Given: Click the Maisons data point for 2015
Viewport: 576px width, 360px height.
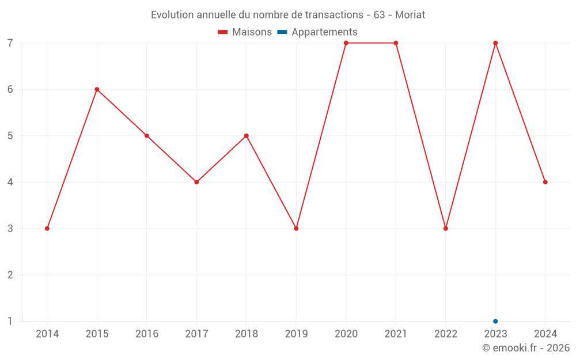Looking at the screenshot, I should point(97,89).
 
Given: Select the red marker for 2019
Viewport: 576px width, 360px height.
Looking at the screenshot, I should point(296,229).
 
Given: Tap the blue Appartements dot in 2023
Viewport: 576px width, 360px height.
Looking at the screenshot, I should point(495,321).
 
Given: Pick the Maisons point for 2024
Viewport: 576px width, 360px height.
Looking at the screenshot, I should point(545,182).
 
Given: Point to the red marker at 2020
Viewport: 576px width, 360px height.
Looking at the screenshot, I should point(346,43).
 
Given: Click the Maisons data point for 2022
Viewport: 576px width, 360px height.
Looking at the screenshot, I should point(446,229).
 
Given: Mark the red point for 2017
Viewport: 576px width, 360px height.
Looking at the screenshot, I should point(196,182).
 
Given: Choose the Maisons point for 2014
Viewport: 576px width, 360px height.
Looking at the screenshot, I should point(47,229).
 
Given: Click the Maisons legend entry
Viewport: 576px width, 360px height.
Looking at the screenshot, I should point(245,32).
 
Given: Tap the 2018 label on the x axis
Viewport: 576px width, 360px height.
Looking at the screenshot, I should point(247,334).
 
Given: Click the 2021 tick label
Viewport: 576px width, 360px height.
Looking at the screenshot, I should point(396,334).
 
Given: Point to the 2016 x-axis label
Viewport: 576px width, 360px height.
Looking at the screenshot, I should point(147,334).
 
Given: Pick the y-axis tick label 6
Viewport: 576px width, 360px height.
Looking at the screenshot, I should point(10,89).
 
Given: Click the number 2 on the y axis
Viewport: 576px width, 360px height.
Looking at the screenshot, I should point(10,275).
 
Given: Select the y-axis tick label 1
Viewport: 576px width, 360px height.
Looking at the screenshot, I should point(10,321).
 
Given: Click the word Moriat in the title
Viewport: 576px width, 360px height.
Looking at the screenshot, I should point(410,15).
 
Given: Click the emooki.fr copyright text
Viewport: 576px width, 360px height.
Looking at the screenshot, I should point(526,348).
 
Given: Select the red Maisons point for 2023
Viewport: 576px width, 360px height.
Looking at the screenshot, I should point(495,43).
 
